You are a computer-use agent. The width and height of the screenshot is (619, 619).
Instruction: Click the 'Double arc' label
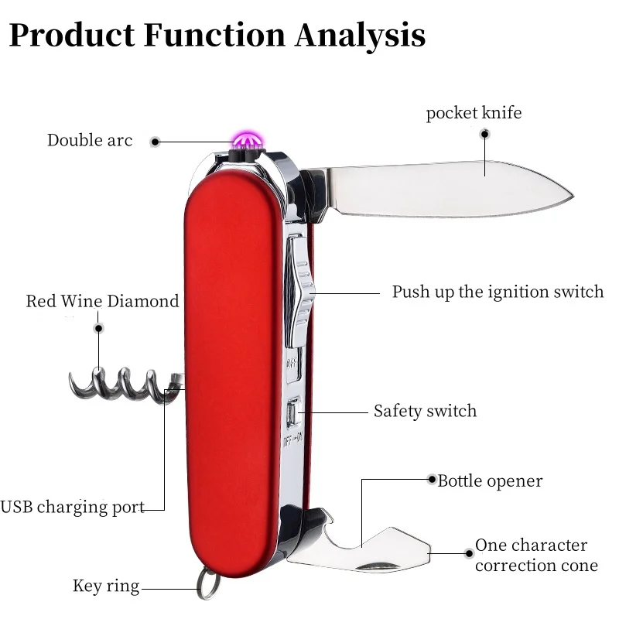[90, 140]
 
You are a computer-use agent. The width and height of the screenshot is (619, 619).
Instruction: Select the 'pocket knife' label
[474, 113]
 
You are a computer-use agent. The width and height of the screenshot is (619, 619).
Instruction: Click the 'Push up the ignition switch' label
[498, 292]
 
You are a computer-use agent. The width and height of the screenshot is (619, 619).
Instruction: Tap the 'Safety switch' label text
[425, 411]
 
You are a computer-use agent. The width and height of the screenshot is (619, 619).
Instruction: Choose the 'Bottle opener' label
[490, 480]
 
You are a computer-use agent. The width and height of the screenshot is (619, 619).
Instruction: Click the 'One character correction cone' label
[535, 555]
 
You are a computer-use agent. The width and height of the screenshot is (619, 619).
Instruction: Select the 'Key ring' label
[106, 586]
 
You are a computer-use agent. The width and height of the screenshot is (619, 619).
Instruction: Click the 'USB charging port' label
[72, 508]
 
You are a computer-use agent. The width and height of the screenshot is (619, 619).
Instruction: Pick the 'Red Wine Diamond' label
[102, 301]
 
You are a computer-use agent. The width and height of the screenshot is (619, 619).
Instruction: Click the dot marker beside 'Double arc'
[155, 142]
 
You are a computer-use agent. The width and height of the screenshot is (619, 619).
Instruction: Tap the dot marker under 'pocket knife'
[485, 134]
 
